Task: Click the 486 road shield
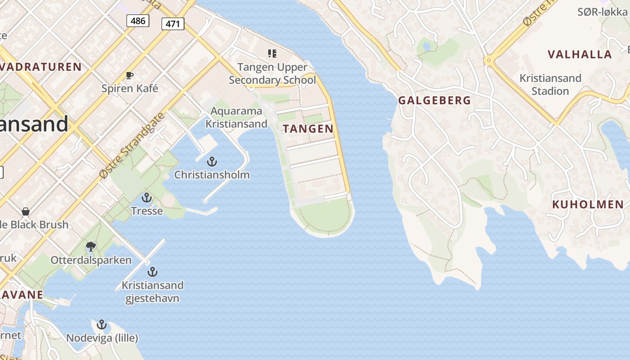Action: [x=138, y=21]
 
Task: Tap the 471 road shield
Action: [x=173, y=24]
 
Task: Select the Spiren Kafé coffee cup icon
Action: [x=130, y=76]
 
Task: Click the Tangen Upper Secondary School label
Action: [x=272, y=74]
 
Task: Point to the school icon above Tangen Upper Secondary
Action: [x=272, y=54]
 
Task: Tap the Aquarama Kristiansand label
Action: [x=236, y=117]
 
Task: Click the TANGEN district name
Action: [x=308, y=129]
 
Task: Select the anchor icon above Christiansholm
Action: [x=211, y=162]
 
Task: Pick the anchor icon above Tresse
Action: [x=147, y=198]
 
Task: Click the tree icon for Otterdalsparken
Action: [x=91, y=246]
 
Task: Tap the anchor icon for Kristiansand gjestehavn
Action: [x=153, y=272]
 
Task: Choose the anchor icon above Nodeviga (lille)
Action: [x=102, y=324]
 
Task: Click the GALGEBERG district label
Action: [x=435, y=101]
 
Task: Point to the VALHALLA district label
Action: [x=580, y=54]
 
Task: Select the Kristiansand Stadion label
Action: [x=550, y=85]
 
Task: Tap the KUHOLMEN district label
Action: [x=588, y=205]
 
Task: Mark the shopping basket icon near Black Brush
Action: [x=26, y=211]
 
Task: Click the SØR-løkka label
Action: [x=602, y=12]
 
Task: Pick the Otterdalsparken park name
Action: [x=91, y=260]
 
